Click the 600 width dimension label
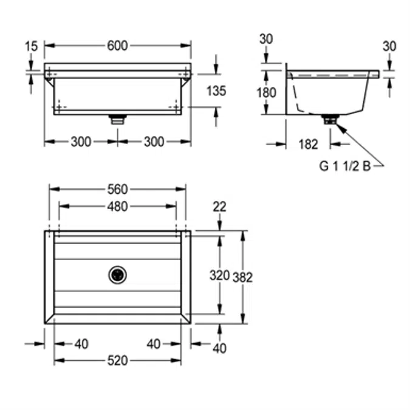click(x=117, y=46)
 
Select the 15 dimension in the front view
click(x=32, y=46)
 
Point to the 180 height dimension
click(x=266, y=92)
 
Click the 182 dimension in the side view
click(x=309, y=144)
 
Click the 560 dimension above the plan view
click(x=117, y=190)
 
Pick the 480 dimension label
click(x=117, y=207)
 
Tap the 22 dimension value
click(x=219, y=207)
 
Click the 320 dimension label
click(x=219, y=275)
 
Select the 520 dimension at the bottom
click(x=117, y=361)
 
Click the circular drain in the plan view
click(x=117, y=275)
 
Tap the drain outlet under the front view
click(x=117, y=119)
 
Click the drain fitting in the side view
click(x=330, y=120)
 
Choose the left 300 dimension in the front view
click(x=81, y=142)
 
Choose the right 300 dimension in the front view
click(x=154, y=142)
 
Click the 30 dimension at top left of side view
click(x=265, y=39)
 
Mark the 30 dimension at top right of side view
click(x=389, y=46)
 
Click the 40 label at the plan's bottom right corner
click(x=219, y=349)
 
